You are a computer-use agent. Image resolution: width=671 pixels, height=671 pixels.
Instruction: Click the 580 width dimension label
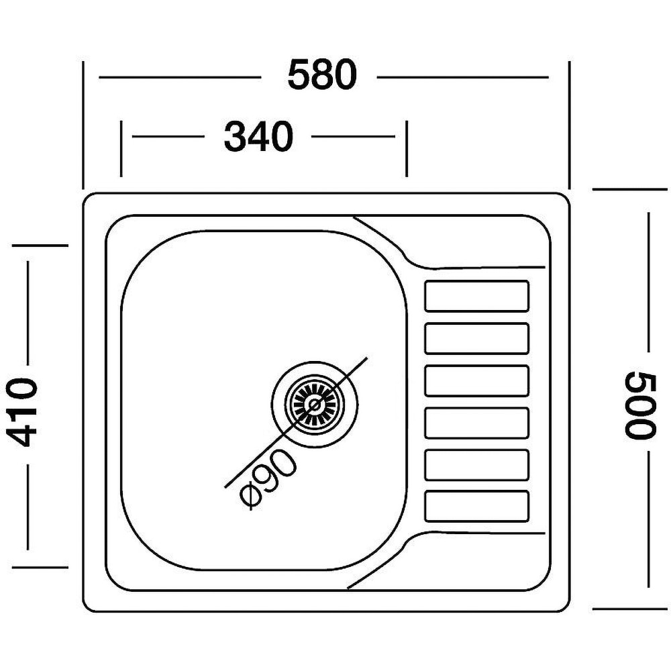tap(321, 75)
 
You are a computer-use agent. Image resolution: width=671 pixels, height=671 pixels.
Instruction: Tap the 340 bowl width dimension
tap(258, 137)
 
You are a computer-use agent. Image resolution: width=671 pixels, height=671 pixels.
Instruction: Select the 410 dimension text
tap(24, 412)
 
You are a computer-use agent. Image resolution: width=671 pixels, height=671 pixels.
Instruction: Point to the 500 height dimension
tap(640, 405)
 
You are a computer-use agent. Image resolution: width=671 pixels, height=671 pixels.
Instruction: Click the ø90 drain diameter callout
tap(268, 476)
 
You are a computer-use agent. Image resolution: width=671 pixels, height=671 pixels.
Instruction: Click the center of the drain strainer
tap(314, 403)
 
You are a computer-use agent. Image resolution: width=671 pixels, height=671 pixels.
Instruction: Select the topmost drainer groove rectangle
tap(477, 296)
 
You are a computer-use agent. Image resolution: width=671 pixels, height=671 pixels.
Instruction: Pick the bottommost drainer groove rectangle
tap(477, 506)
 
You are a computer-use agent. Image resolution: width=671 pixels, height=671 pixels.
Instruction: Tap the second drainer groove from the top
tap(477, 338)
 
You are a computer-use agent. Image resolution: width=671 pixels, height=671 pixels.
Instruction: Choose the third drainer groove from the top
tap(477, 380)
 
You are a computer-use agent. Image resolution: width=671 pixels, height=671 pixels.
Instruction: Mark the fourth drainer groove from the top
tap(477, 423)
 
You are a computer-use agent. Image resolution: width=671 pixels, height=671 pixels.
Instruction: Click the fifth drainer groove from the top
tap(477, 464)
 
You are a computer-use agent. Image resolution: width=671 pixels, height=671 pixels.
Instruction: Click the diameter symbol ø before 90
tap(250, 496)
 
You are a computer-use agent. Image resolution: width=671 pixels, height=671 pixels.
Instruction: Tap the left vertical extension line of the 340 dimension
tap(121, 149)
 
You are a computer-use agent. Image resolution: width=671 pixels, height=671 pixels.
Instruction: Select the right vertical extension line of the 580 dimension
tap(569, 124)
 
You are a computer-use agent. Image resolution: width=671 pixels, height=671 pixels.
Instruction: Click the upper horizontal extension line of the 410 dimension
tap(40, 246)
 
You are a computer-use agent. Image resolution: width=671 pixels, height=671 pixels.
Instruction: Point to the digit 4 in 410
tap(24, 435)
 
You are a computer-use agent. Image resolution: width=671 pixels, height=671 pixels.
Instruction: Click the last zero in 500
tap(640, 382)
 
